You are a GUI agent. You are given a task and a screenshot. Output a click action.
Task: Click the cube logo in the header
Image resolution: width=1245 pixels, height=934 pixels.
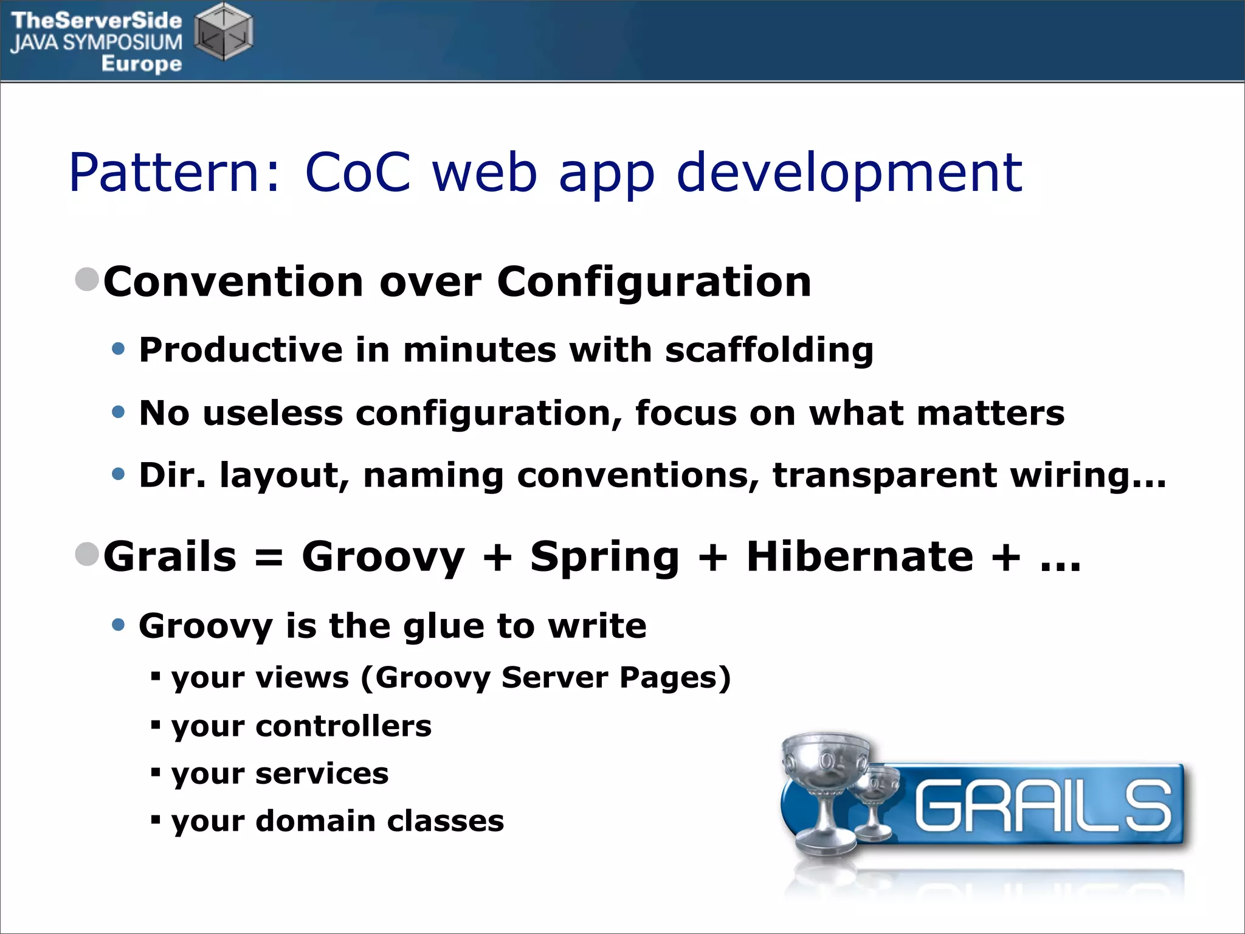click(224, 32)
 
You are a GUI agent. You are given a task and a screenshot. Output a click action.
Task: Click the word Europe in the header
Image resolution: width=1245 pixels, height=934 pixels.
click(141, 63)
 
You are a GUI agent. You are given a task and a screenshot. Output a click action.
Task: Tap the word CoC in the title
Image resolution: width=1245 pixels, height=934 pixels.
click(357, 173)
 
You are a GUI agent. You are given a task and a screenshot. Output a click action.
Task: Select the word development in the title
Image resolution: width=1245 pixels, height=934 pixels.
click(849, 174)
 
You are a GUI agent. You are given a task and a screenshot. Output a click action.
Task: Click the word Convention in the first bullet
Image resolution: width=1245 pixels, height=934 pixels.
click(233, 282)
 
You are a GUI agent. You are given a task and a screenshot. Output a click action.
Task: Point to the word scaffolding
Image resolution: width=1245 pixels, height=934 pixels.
click(769, 351)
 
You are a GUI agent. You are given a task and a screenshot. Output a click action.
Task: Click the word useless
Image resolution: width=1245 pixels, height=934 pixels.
click(272, 413)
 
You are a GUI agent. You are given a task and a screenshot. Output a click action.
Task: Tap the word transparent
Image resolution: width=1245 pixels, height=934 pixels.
click(884, 476)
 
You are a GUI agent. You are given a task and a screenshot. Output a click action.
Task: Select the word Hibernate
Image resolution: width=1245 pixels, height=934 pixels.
click(860, 557)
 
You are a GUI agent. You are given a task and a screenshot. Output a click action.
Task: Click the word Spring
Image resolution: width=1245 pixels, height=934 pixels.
click(604, 558)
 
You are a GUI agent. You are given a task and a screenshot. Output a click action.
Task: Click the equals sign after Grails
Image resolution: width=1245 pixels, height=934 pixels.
click(269, 558)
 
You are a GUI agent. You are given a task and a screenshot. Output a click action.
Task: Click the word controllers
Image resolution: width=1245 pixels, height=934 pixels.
click(343, 726)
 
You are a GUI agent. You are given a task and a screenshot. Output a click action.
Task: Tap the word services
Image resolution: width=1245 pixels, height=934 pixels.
click(322, 774)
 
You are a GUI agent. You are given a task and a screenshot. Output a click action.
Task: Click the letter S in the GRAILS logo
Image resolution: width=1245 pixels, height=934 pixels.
click(1147, 806)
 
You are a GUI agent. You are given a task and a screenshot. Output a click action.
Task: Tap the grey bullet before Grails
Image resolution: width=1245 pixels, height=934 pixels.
click(87, 554)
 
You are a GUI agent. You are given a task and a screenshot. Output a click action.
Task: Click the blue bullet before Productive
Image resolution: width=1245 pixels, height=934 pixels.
click(119, 349)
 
